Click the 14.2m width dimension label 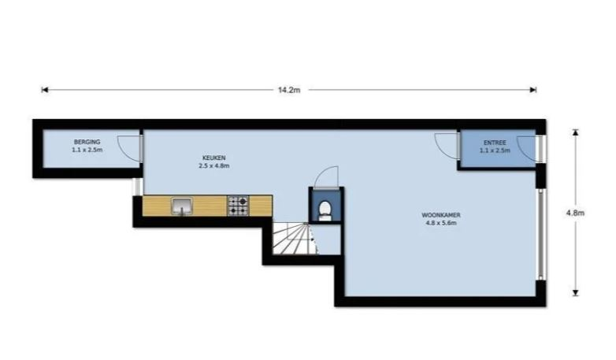(289, 90)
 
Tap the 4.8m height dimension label (575, 213)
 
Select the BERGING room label (87, 142)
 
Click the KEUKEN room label (214, 158)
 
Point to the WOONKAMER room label (441, 215)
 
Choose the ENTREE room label (495, 143)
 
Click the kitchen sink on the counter (182, 206)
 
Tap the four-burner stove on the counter (238, 206)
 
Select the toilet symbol (325, 211)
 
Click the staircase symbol (295, 238)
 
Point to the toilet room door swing (327, 177)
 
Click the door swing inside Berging (129, 147)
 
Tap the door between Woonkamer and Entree (447, 146)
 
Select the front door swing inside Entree (527, 149)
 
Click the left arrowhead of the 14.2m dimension (45, 90)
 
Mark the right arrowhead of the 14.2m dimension (533, 90)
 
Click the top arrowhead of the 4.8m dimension (576, 132)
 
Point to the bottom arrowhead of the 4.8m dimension (576, 293)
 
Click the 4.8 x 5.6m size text (441, 223)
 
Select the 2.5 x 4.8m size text (214, 166)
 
